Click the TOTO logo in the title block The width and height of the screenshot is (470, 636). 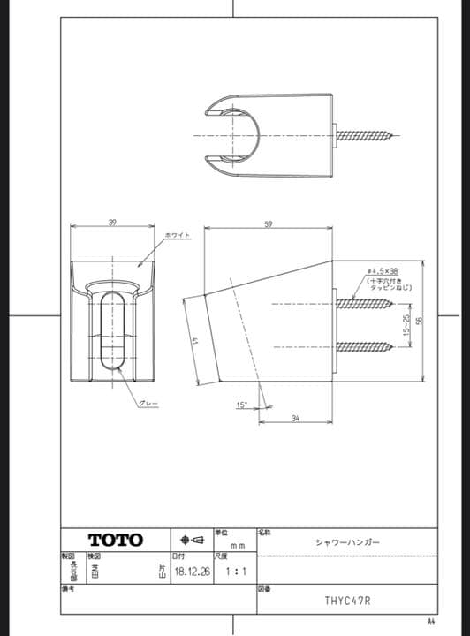coord(114,540)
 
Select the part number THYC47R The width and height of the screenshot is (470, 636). coord(346,601)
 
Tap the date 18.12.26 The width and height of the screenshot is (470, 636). coord(192,572)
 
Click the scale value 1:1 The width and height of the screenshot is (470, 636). coord(235,572)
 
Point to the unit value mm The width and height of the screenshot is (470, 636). coord(237,547)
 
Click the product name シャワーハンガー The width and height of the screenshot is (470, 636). coord(347,542)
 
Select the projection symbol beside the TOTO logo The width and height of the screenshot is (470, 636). coord(192,540)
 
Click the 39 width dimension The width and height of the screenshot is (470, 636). coord(112,222)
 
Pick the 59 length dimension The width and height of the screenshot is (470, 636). coord(268,223)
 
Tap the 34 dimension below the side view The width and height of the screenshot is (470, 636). coord(294,418)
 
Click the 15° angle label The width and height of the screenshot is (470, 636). coord(240,405)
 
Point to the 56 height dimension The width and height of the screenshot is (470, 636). coord(421,320)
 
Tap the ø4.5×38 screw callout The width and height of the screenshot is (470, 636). coord(383,271)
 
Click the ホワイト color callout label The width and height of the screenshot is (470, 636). coord(177,234)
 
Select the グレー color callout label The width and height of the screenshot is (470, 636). coord(148,403)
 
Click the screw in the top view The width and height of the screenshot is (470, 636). coord(368,136)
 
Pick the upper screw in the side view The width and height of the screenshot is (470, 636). coord(364,303)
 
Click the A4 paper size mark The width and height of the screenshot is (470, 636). coord(431,620)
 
